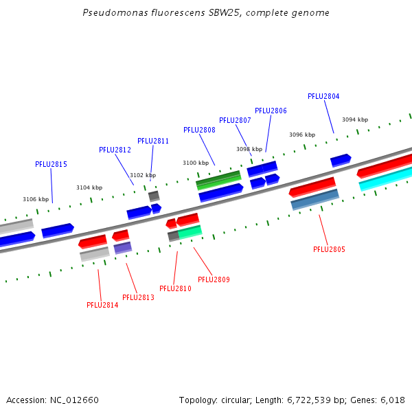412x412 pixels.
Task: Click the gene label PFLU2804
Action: tap(323, 97)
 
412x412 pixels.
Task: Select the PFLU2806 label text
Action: tap(271, 111)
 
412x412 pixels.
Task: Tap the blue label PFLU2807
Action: tap(235, 121)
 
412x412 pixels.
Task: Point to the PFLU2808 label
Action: tap(199, 130)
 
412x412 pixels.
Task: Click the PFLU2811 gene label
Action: tap(153, 141)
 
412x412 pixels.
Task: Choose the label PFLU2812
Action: tap(115, 150)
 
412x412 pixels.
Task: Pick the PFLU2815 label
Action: tap(51, 165)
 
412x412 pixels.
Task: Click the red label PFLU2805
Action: tap(329, 250)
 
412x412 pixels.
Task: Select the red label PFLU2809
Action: tap(214, 280)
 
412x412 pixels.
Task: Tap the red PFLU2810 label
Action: tap(175, 289)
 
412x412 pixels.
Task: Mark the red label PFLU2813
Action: tap(138, 298)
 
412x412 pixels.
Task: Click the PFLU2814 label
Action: tap(102, 306)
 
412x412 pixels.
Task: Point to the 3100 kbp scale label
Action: tap(195, 163)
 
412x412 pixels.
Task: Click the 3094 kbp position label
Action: tap(355, 119)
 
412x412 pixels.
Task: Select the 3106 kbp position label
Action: tap(36, 200)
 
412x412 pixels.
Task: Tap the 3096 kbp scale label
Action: tap(302, 135)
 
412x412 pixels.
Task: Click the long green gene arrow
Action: tap(218, 181)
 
